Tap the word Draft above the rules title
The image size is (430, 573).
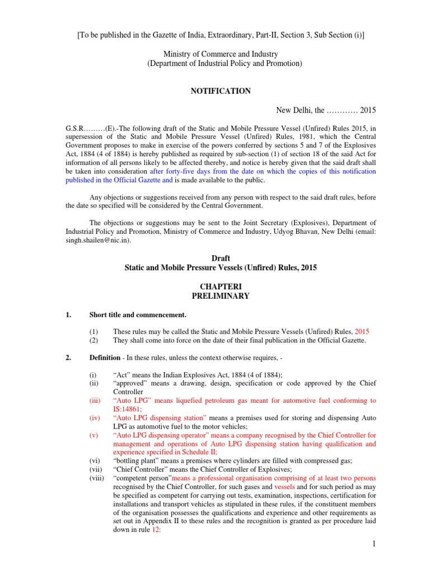pos(221,259)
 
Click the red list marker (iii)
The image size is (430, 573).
pos(96,401)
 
